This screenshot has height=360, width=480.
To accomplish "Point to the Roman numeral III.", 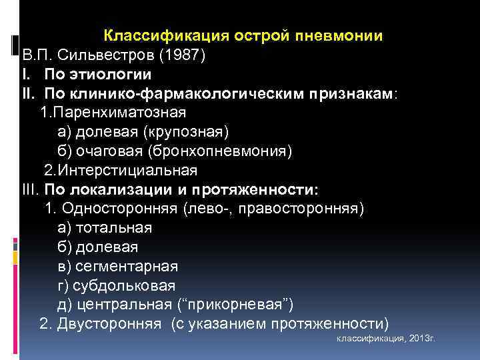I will pos(31,189).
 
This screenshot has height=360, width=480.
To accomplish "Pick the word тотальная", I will pos(114,228).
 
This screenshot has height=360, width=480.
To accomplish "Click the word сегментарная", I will pos(127,267).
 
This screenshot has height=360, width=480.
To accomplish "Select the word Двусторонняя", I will pos(109,325).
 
